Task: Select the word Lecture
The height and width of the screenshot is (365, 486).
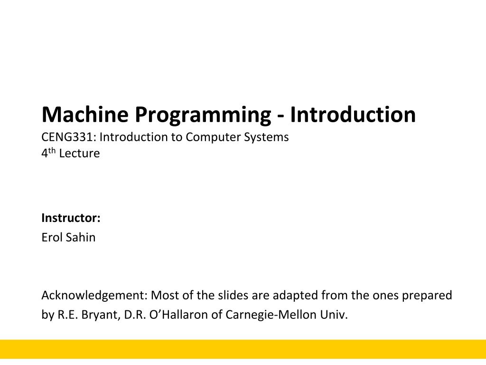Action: pyautogui.click(x=79, y=154)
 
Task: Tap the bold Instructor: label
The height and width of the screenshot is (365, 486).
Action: pyautogui.click(x=71, y=218)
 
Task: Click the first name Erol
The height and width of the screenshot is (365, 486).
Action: pyautogui.click(x=52, y=237)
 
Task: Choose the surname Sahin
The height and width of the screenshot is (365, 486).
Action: pyautogui.click(x=80, y=237)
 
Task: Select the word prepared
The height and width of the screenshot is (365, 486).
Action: pyautogui.click(x=427, y=296)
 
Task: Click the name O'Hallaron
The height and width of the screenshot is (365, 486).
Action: pyautogui.click(x=178, y=315)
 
